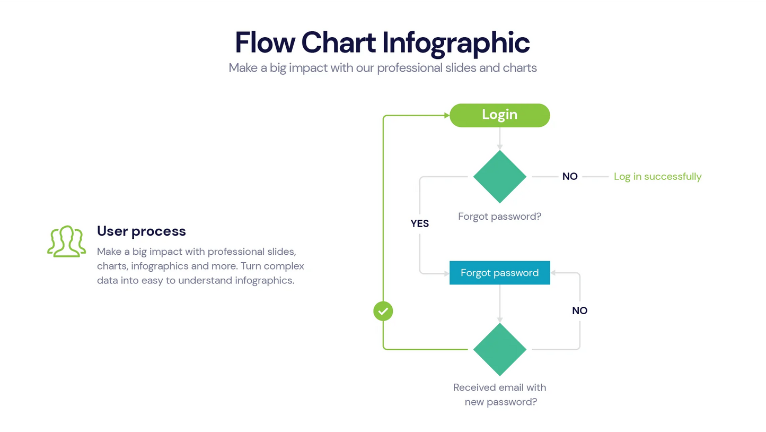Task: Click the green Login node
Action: pyautogui.click(x=499, y=115)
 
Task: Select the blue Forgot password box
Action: pyautogui.click(x=499, y=273)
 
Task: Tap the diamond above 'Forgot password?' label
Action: pyautogui.click(x=499, y=177)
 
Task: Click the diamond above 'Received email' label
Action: pyautogui.click(x=499, y=349)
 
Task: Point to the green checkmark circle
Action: pyautogui.click(x=383, y=311)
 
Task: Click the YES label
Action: pyautogui.click(x=419, y=223)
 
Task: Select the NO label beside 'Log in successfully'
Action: pyautogui.click(x=570, y=177)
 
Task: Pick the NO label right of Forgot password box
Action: pyautogui.click(x=579, y=310)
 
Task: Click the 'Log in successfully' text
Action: pyautogui.click(x=657, y=177)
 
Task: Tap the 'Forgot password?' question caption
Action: pyautogui.click(x=499, y=217)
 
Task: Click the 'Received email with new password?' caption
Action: pyautogui.click(x=499, y=394)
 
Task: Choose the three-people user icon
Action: pyautogui.click(x=66, y=241)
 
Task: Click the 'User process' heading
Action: pyautogui.click(x=142, y=231)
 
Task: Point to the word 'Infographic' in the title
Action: pyautogui.click(x=456, y=42)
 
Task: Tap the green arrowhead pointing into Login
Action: pyautogui.click(x=446, y=115)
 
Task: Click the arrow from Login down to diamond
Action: pyautogui.click(x=499, y=139)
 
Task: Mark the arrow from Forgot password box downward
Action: pyautogui.click(x=499, y=304)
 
